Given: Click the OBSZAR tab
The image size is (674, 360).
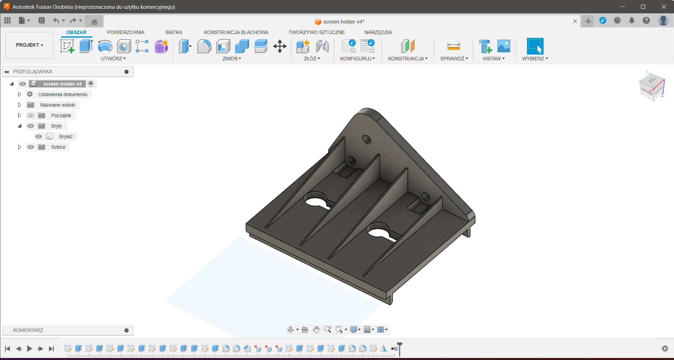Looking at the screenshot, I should pos(76,32).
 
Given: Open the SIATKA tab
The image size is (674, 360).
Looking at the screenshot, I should pos(173,32).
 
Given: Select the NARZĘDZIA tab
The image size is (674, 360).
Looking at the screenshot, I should pos(378,32).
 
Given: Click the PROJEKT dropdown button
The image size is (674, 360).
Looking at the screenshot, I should pos(29,45).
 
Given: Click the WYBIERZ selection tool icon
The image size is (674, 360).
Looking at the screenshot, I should pos(535,46).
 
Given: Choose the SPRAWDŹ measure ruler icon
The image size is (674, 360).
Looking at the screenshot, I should pos(453,46).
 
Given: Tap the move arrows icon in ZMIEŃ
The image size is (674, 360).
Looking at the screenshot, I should pos(280,46).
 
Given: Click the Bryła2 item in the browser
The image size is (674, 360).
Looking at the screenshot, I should pos(66,136).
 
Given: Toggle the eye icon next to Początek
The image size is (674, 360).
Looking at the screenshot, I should pos(31,115).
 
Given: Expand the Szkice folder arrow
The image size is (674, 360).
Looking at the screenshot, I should pos(20,147).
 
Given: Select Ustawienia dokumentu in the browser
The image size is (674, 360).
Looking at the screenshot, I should pos(63,94).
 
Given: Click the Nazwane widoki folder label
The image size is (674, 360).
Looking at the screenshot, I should pos(58,105).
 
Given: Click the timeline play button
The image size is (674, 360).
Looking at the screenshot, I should pos(29,348).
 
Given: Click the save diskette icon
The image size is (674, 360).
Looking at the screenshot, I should pos(41,21).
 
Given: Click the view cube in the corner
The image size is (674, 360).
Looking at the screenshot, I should pos(652,86).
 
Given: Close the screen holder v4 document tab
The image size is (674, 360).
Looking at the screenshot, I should pos(575,21).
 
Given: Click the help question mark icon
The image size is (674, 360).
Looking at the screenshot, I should pos(646,21).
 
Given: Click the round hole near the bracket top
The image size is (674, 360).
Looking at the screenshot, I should pos(366,140).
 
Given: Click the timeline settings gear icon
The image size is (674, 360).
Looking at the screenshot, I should pos(665,348).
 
